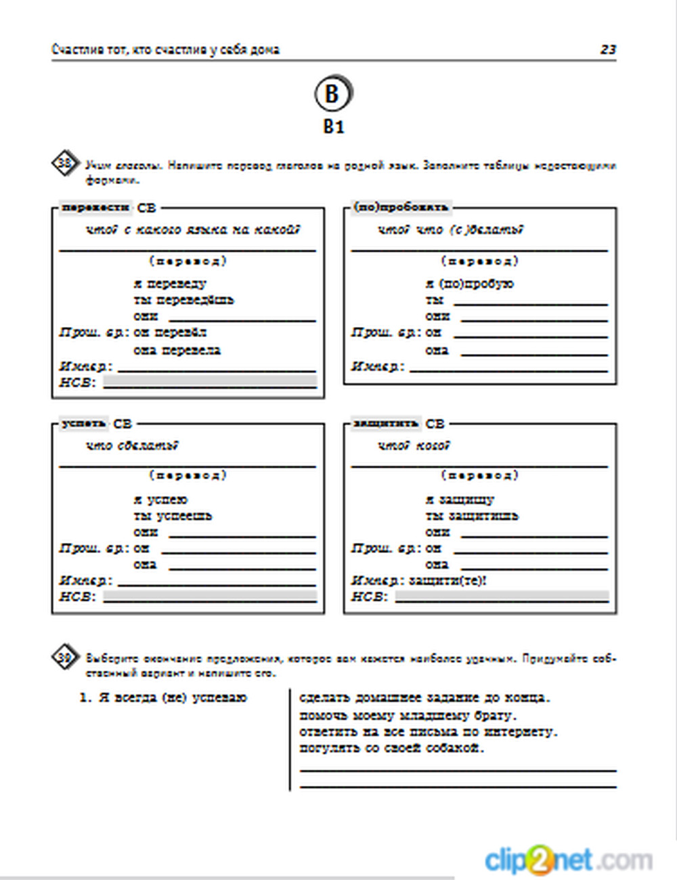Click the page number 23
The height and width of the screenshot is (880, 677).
click(x=607, y=49)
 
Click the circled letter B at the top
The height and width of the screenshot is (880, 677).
click(x=332, y=93)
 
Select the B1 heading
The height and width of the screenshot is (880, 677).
click(x=333, y=127)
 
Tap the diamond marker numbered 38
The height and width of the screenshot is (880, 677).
click(x=65, y=163)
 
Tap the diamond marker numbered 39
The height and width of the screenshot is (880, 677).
click(x=65, y=657)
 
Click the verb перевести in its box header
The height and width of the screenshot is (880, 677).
click(x=95, y=208)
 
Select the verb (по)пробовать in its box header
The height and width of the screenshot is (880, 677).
click(x=401, y=207)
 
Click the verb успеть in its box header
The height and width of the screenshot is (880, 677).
click(x=84, y=424)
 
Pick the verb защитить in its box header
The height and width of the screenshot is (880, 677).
click(x=386, y=424)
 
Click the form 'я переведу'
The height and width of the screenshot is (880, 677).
click(x=170, y=284)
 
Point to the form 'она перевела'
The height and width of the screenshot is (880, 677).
click(x=177, y=351)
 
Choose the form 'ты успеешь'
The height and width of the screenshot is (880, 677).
click(x=173, y=516)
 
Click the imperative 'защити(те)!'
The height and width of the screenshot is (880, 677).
click(x=448, y=581)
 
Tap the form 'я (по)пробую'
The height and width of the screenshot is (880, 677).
click(x=469, y=284)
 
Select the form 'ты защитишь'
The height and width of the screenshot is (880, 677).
click(x=471, y=516)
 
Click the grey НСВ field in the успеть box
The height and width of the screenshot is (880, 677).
click(x=210, y=596)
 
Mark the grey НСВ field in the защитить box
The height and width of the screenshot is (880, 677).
click(x=502, y=596)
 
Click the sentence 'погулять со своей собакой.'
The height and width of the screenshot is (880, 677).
click(x=392, y=749)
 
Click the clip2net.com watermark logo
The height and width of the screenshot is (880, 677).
click(x=569, y=860)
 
